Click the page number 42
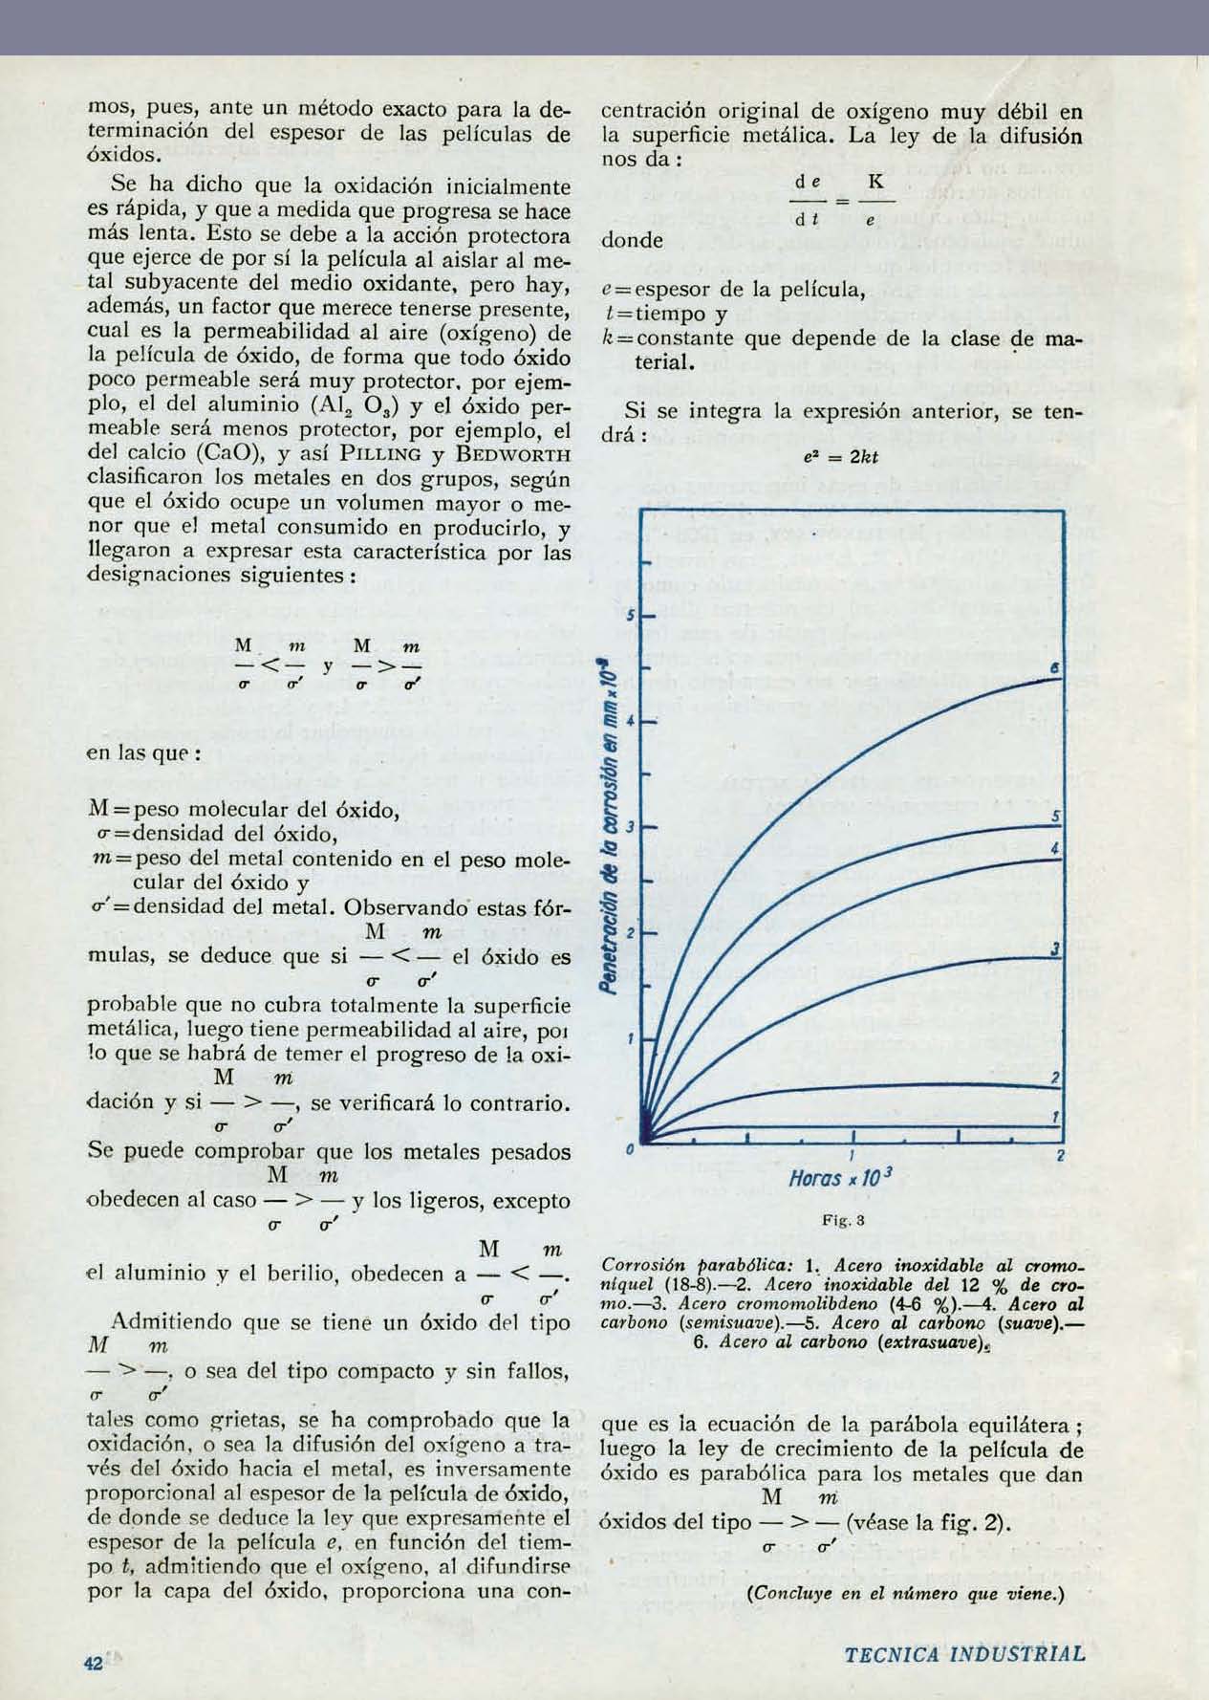click(x=93, y=1663)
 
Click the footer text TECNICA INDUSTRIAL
click(x=965, y=1655)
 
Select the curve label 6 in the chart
click(x=1054, y=669)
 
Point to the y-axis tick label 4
click(x=631, y=720)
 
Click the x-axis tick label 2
click(x=1061, y=1157)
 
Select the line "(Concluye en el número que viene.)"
click(x=907, y=1594)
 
